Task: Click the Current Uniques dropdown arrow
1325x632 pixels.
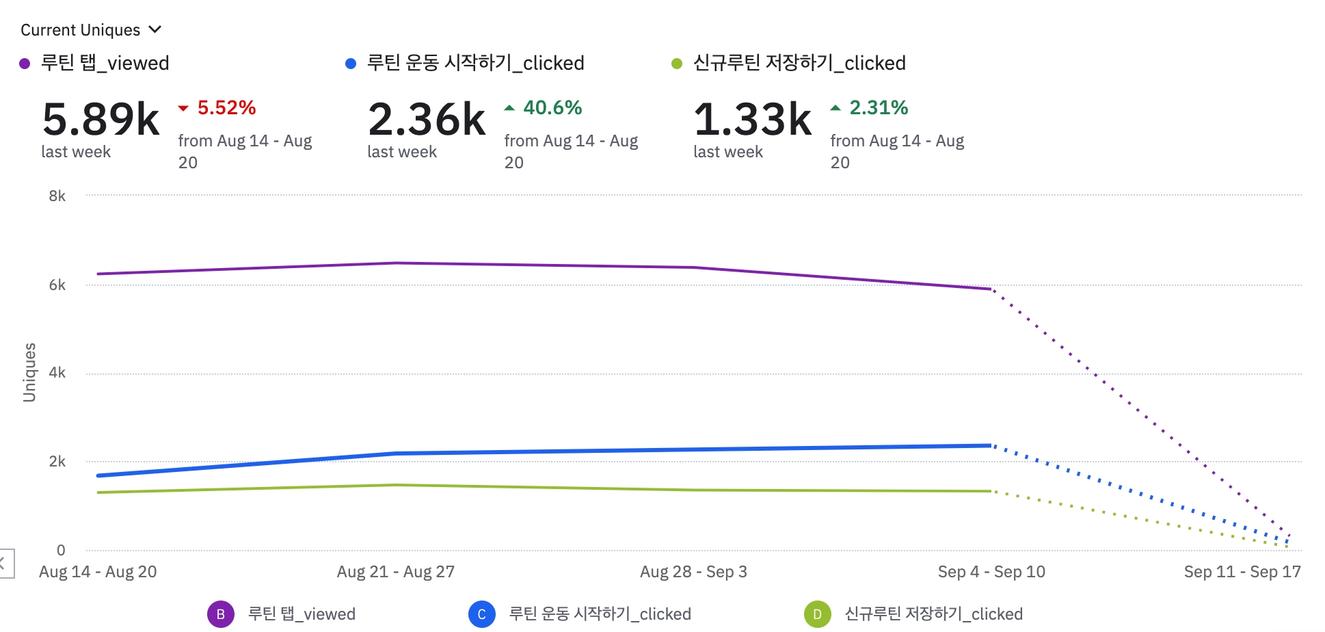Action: pos(155,29)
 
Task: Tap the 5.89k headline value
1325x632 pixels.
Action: pos(101,120)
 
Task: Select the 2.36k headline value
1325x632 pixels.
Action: pos(427,120)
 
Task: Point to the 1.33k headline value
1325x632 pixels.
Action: pos(753,120)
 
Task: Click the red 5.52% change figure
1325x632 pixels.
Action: pos(226,108)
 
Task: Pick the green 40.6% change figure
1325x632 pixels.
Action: pos(552,108)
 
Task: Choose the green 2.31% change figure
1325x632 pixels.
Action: pos(879,108)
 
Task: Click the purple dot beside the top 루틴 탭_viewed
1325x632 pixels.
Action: pos(25,64)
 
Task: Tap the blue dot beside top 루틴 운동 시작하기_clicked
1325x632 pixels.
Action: pos(351,64)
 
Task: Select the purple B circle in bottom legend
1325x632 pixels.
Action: pos(220,614)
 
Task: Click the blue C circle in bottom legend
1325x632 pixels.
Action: pos(481,614)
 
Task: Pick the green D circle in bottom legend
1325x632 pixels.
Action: pos(817,614)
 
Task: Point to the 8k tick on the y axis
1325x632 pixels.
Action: pos(57,196)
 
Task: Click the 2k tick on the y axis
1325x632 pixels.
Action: pos(57,462)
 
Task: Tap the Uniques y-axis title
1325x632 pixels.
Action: pos(29,373)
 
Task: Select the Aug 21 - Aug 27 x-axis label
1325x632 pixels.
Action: pos(395,572)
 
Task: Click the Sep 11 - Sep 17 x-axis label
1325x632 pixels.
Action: pos(1242,572)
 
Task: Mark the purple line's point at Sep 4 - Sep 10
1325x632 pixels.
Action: pos(991,289)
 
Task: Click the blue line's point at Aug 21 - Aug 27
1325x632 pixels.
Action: pos(396,453)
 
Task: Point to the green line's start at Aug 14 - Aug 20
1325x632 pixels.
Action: pos(98,492)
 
